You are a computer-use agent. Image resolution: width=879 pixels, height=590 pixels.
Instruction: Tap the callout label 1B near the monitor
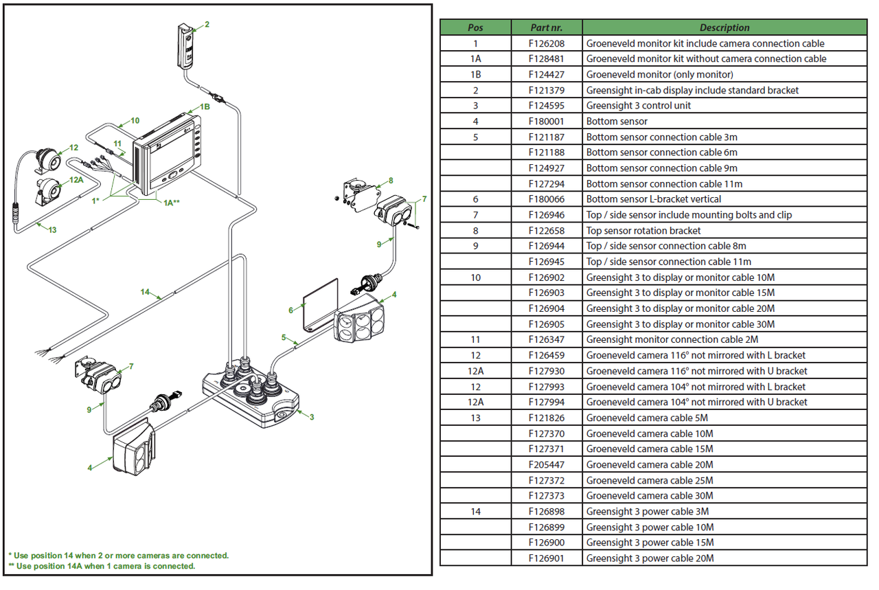tap(205, 107)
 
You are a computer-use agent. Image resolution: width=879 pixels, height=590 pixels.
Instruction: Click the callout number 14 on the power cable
tap(145, 292)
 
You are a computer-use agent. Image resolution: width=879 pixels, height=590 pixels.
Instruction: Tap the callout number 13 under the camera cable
tap(52, 230)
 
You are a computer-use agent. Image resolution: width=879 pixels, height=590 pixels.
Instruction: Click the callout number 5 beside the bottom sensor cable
tap(283, 337)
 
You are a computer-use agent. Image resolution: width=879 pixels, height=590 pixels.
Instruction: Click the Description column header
tap(724, 27)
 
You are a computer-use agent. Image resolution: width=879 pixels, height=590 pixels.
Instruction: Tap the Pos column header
tap(475, 27)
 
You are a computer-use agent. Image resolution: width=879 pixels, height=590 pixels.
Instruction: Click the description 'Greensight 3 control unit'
tap(638, 106)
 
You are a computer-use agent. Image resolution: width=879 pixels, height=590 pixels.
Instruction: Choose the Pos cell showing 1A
tap(475, 59)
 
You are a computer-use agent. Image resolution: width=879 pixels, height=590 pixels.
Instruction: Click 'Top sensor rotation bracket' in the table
tap(643, 231)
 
